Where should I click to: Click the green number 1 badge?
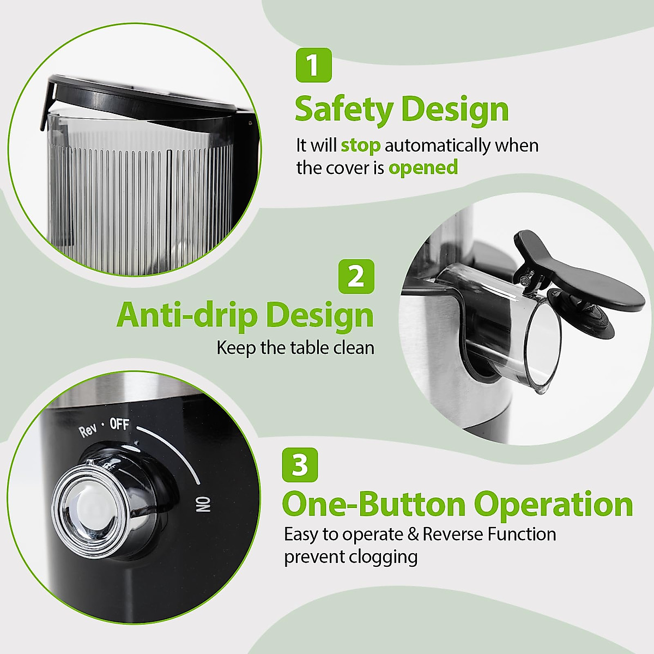313,65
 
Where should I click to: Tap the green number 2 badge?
356,276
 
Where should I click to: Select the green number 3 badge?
300,465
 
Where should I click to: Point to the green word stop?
360,146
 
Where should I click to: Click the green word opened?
423,168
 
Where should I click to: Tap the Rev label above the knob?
88,431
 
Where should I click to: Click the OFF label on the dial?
119,423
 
